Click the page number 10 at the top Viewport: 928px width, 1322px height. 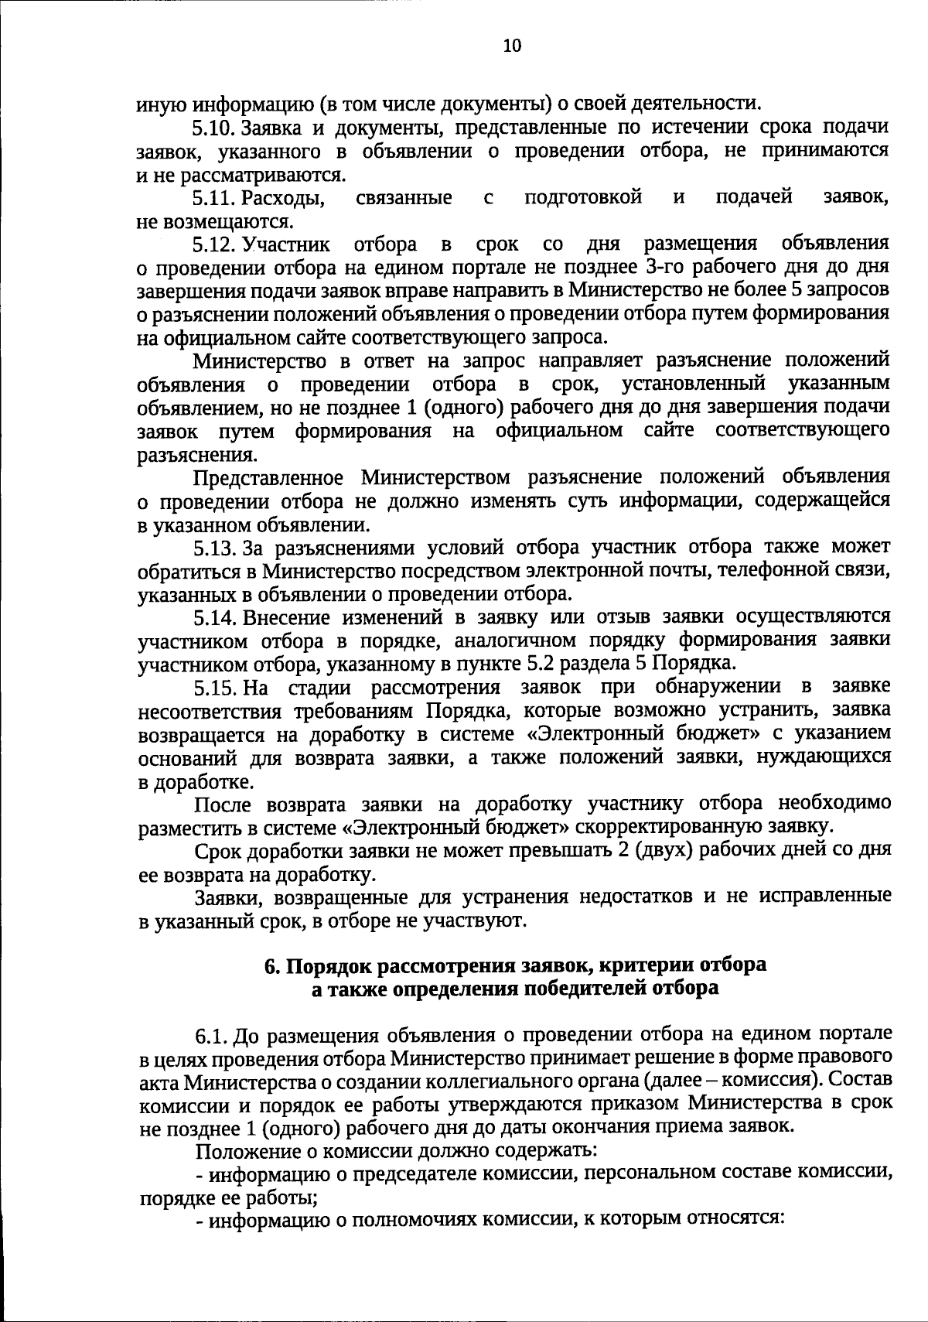512,46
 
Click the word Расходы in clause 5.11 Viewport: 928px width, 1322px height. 283,199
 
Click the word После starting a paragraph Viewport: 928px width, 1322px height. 223,804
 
